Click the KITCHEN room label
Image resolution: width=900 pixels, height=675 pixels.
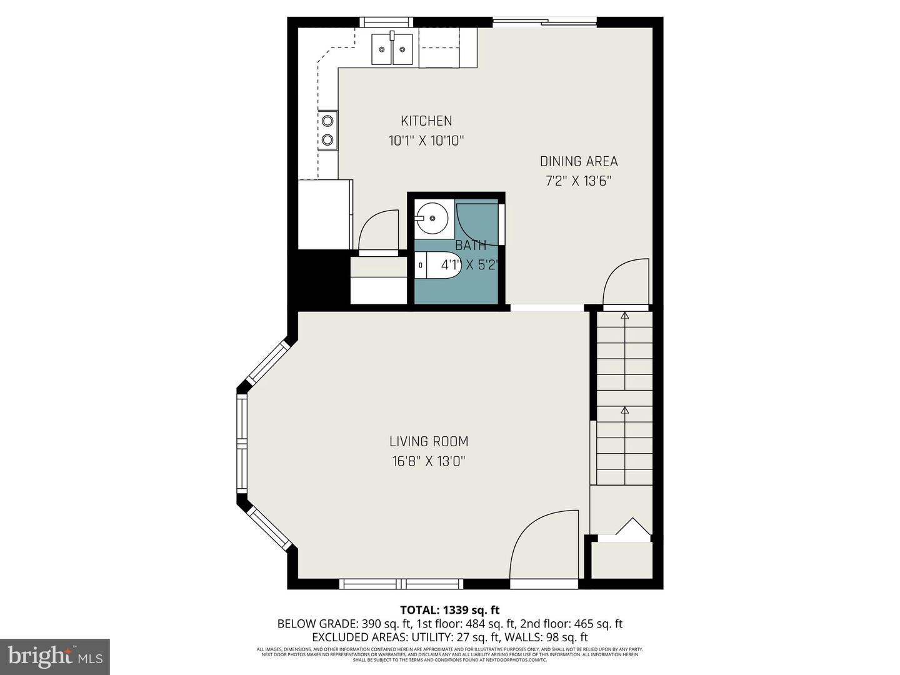click(x=426, y=121)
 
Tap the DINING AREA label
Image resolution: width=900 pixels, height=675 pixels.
click(x=579, y=161)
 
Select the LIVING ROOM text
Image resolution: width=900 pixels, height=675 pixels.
click(x=429, y=441)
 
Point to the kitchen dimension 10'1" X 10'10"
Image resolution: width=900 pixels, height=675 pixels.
click(x=426, y=141)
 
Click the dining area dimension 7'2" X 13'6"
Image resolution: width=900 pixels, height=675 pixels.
click(x=579, y=181)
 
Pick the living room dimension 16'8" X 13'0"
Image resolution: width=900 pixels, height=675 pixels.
click(x=429, y=461)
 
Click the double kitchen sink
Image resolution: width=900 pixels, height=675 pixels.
click(x=392, y=49)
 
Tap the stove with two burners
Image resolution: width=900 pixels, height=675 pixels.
click(x=327, y=130)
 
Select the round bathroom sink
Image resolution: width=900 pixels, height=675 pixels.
click(x=432, y=219)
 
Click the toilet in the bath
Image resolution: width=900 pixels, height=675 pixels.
click(x=438, y=265)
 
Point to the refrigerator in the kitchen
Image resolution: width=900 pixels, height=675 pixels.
click(x=324, y=214)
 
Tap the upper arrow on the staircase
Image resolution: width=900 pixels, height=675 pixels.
click(x=624, y=315)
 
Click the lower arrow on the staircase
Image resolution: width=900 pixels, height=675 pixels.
click(x=624, y=410)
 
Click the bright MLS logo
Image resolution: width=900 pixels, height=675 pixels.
click(x=55, y=656)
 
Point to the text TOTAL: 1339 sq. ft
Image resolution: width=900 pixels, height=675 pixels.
click(x=449, y=610)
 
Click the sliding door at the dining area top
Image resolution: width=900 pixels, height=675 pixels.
click(x=544, y=23)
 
